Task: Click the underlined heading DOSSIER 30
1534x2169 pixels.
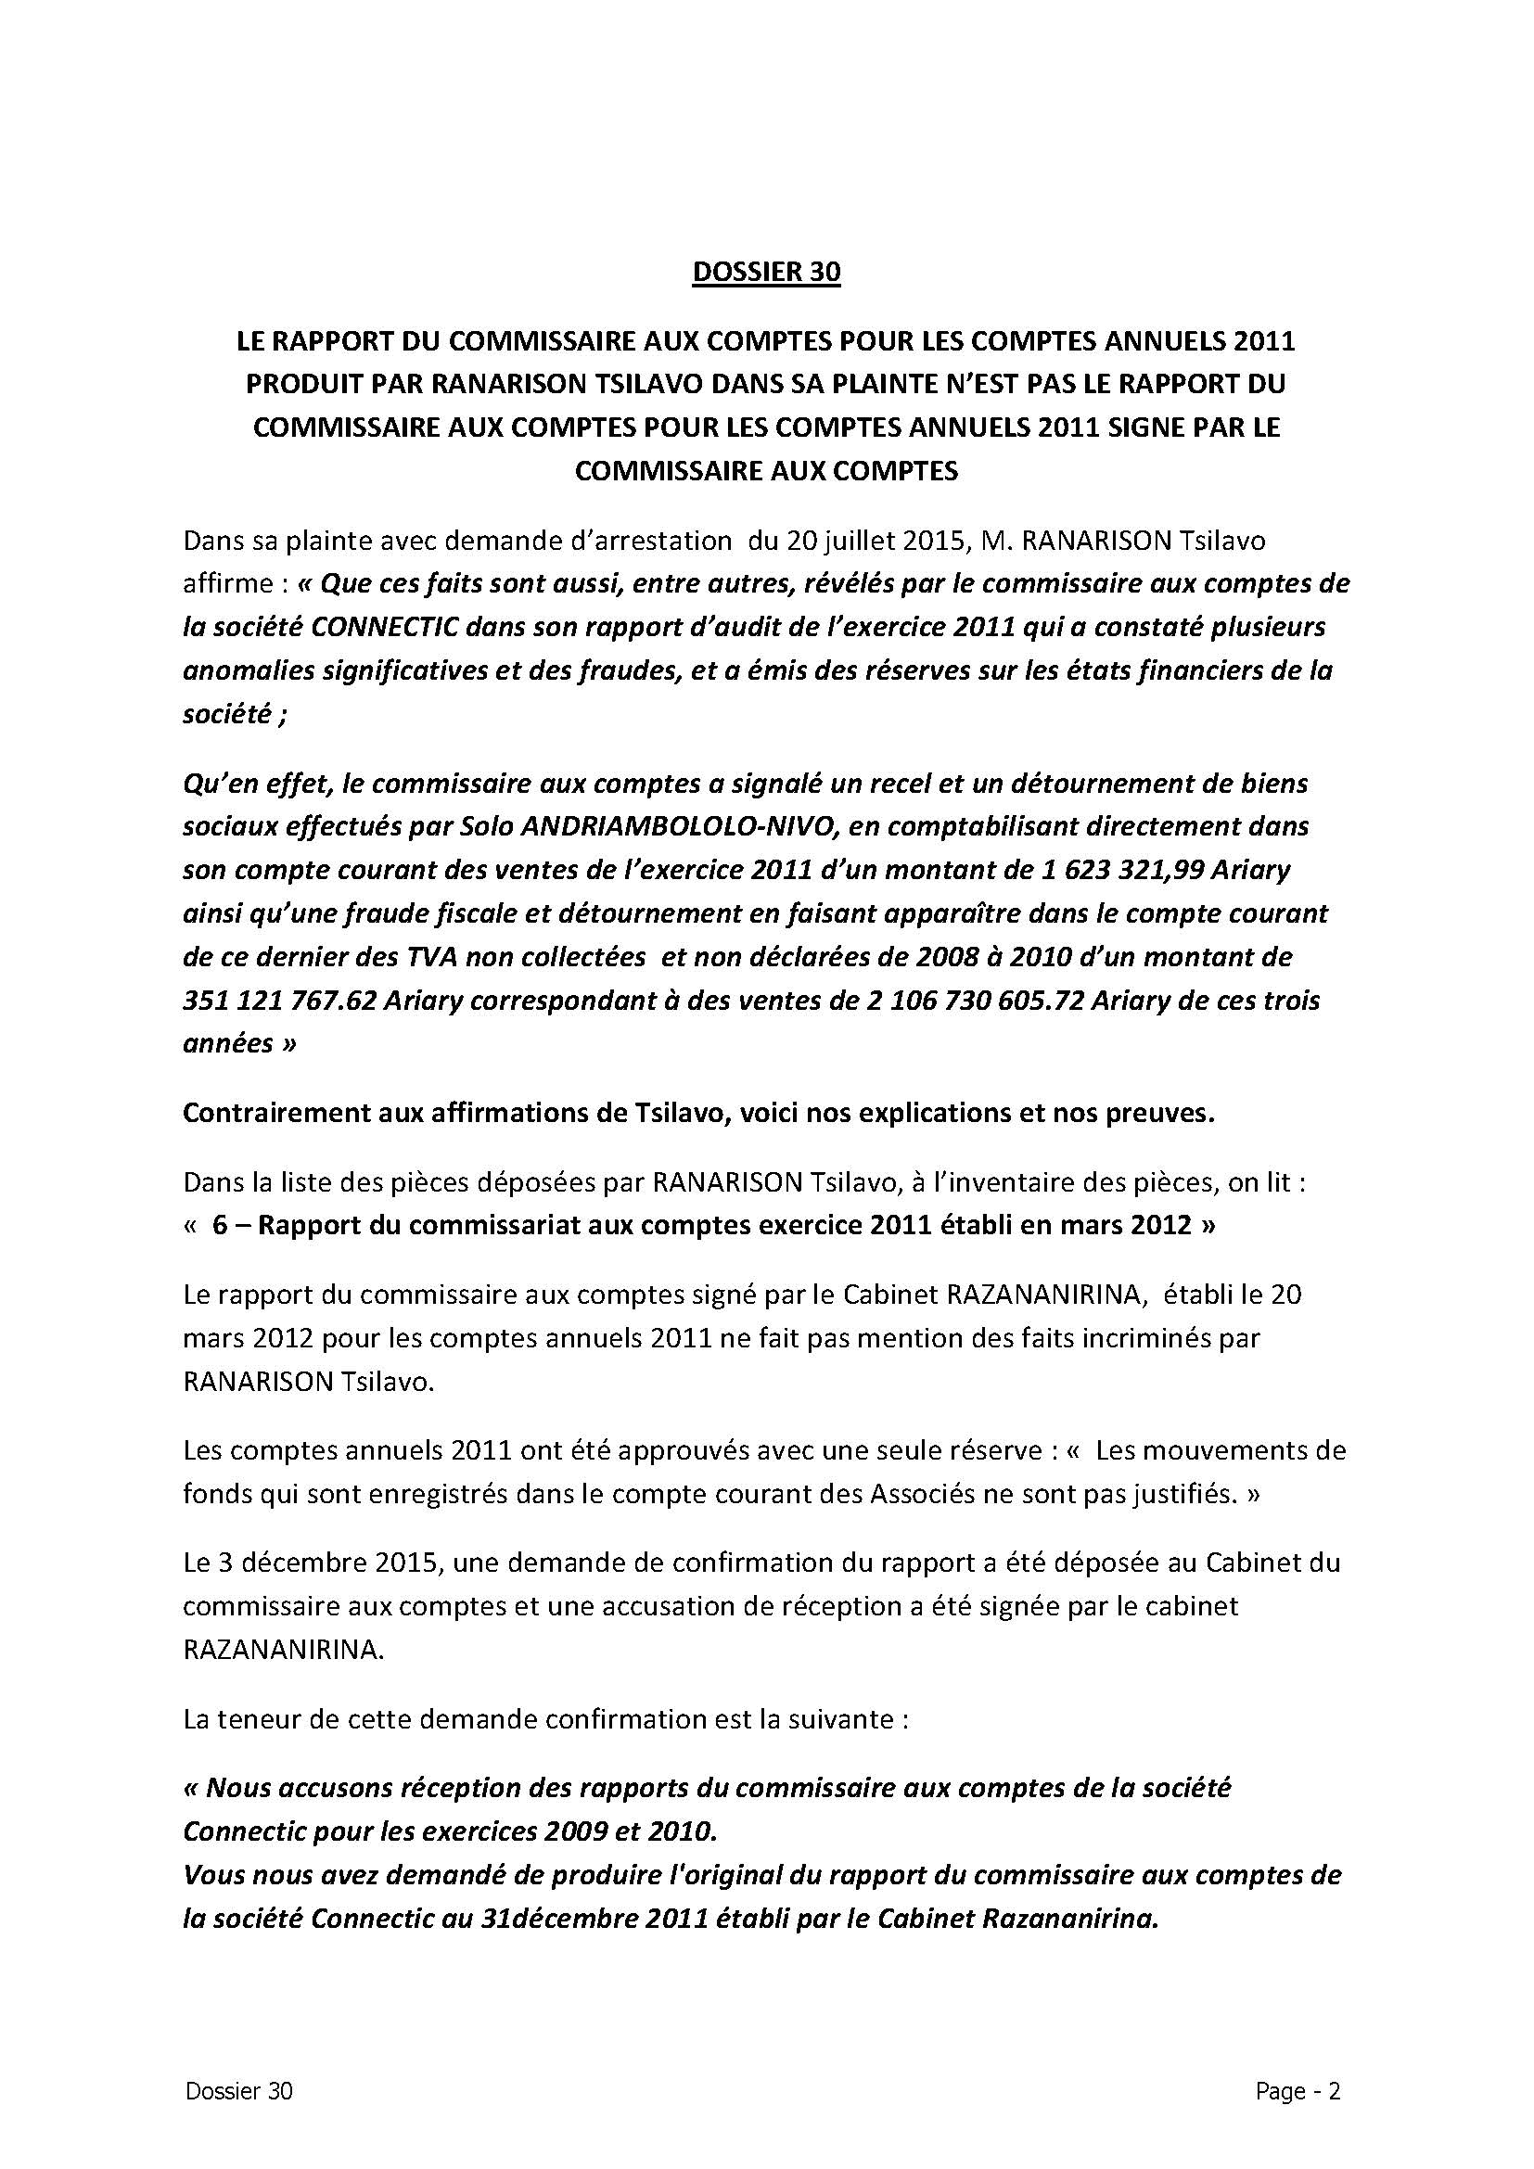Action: (x=766, y=272)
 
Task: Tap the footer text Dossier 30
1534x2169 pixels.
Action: (x=239, y=2090)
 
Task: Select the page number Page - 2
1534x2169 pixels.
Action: (x=1298, y=2090)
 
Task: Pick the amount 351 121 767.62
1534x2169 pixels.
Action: (x=276, y=1001)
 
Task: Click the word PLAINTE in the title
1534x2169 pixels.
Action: (x=891, y=384)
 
